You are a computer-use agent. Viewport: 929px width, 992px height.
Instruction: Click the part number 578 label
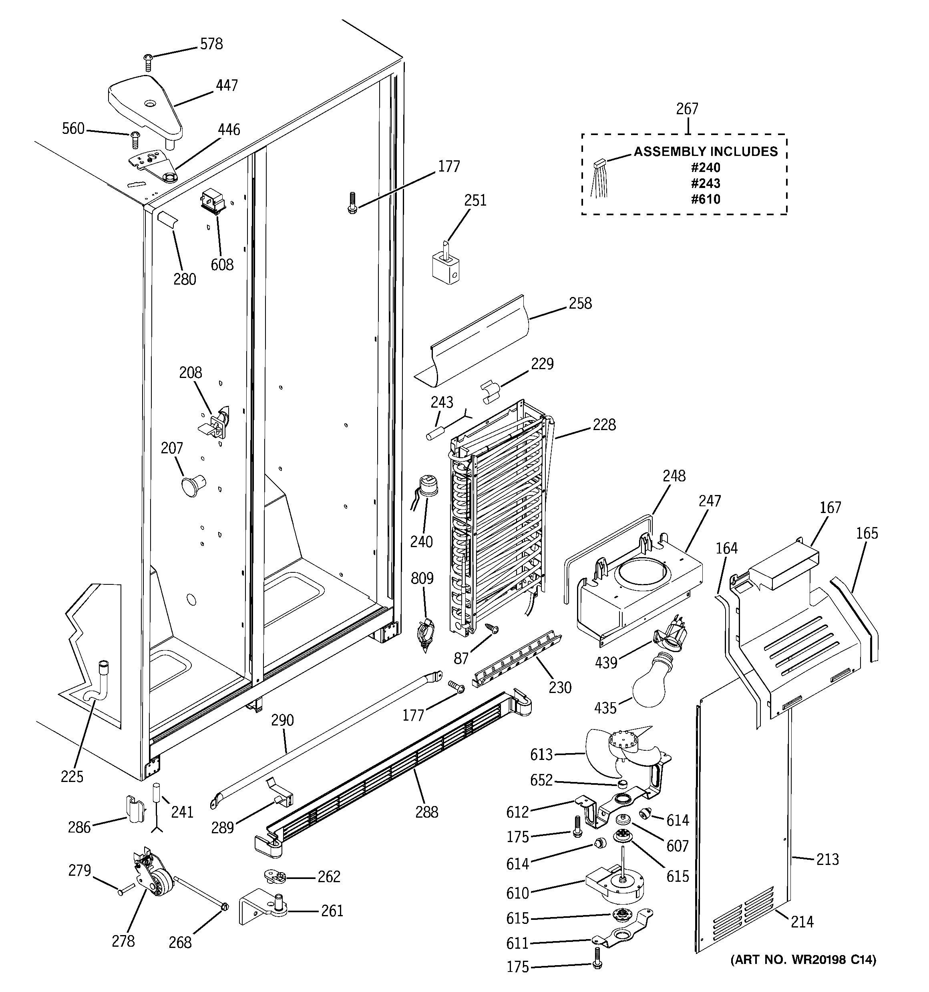(x=211, y=44)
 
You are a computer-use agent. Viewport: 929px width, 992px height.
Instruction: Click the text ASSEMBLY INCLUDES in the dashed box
(x=706, y=152)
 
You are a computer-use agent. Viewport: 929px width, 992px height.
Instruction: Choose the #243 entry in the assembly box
(x=706, y=183)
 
